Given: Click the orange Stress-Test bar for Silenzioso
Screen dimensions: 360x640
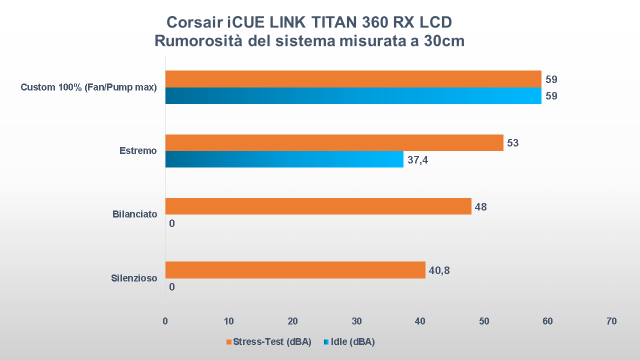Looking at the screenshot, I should [x=295, y=270].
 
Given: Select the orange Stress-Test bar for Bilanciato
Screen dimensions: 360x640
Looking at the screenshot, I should [x=318, y=206].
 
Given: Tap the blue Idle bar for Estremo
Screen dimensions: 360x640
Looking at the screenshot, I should [x=284, y=159].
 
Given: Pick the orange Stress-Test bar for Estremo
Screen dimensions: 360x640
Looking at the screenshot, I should [x=334, y=142].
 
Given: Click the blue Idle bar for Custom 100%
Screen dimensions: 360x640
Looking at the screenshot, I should [x=353, y=95].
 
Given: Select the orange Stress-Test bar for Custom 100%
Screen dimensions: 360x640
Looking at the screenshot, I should [x=353, y=79].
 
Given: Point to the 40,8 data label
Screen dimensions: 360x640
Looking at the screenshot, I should [x=439, y=270].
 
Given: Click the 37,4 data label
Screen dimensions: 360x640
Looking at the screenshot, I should [x=417, y=160].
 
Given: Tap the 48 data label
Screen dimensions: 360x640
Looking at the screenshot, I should [x=480, y=206].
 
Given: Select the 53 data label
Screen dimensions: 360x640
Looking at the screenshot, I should [x=512, y=143].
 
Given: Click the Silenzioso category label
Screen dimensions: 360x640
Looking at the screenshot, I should [x=134, y=278].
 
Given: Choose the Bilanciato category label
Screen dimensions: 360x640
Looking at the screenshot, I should [x=134, y=214].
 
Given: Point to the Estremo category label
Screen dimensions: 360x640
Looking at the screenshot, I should [x=138, y=150].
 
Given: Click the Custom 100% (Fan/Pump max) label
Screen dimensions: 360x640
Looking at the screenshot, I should [x=88, y=87].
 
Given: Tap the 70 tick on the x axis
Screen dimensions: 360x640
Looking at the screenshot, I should [x=611, y=321].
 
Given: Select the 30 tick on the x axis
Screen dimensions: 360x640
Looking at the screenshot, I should [x=356, y=321].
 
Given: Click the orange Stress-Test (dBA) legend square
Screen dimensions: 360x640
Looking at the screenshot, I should [x=229, y=342].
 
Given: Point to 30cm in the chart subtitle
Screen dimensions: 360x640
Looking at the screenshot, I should [x=444, y=41].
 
